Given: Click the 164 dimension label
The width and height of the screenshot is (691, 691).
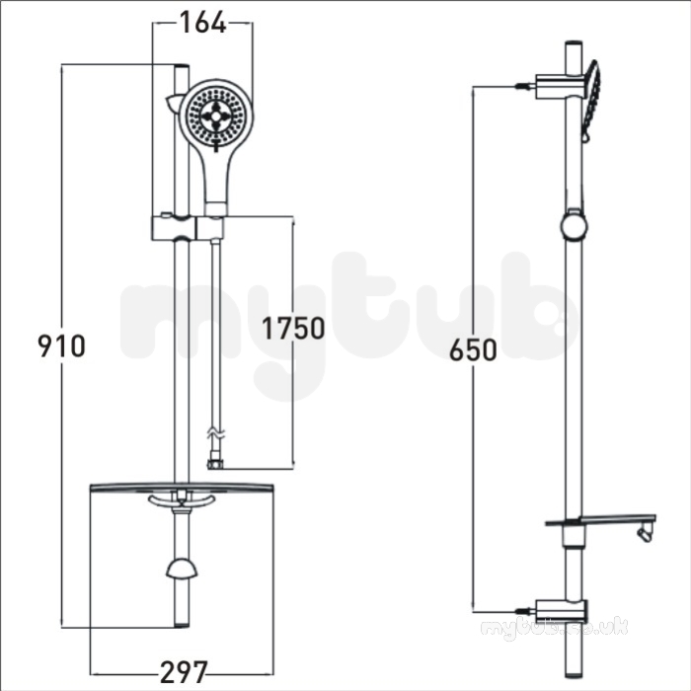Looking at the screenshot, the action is [202, 22].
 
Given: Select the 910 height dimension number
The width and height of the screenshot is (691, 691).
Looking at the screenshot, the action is [61, 346].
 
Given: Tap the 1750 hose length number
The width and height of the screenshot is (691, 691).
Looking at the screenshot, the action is [293, 329].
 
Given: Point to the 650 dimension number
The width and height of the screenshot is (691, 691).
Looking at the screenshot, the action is [473, 350].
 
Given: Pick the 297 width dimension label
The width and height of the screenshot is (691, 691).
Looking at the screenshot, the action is [184, 672].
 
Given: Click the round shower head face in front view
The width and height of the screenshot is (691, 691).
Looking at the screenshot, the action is [216, 115].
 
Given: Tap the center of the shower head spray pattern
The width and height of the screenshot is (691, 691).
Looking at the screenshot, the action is [216, 115].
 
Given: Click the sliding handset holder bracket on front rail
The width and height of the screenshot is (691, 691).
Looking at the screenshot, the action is [188, 228].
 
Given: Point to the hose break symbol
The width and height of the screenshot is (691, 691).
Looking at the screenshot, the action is [216, 433].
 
